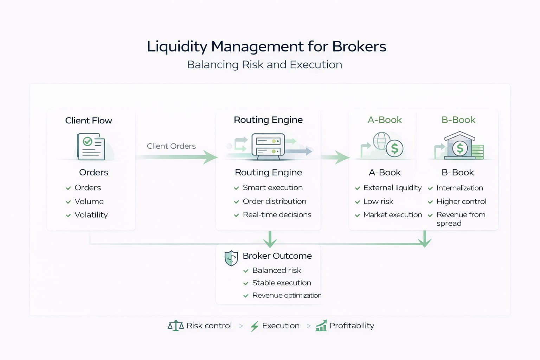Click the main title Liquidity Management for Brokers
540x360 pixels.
click(266, 46)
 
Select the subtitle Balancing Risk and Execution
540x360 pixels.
click(264, 65)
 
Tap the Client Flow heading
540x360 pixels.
click(89, 121)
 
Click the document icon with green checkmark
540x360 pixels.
click(91, 146)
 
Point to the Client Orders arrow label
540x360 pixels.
click(171, 146)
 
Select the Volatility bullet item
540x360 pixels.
click(91, 215)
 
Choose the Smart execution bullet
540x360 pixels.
click(272, 188)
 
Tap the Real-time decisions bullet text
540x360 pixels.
click(277, 215)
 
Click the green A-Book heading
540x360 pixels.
click(385, 120)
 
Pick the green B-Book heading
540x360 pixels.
click(458, 120)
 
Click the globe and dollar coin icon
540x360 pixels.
click(387, 145)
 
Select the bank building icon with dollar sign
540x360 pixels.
click(460, 146)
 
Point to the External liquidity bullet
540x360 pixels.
click(392, 188)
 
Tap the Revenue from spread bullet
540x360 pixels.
click(461, 219)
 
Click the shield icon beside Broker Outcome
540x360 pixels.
click(231, 258)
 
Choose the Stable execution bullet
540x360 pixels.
click(282, 283)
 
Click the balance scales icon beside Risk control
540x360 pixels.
click(176, 326)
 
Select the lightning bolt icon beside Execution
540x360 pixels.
click(255, 326)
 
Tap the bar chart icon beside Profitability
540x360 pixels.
click(321, 326)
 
